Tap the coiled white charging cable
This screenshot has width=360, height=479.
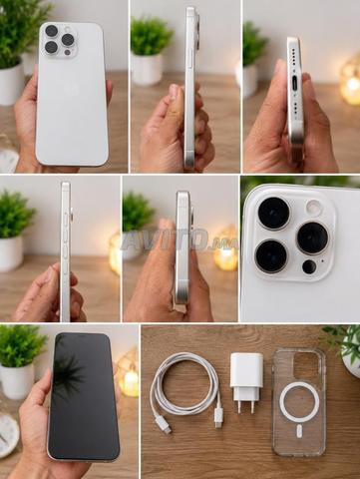(x=184, y=390)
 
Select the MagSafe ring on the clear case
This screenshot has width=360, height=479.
(x=299, y=402)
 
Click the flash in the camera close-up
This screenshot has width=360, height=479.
(x=313, y=207)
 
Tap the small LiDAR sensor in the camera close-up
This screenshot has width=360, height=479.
(x=309, y=266)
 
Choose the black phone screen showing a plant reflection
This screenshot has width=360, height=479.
(x=83, y=396)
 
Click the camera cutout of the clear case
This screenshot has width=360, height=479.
(x=305, y=365)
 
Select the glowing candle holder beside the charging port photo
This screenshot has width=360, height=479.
(x=350, y=82)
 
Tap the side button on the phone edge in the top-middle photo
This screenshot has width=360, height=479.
(x=189, y=57)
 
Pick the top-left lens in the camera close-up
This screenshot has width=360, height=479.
(x=274, y=214)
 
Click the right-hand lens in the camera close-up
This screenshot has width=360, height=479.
(x=313, y=239)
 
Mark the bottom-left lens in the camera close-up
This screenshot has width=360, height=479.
(x=271, y=255)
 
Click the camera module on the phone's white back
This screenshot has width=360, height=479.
(x=60, y=40)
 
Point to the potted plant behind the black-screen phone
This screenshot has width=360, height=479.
(x=21, y=361)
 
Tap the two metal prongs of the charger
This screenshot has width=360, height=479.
(x=246, y=407)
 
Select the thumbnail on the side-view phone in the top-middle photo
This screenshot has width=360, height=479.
(x=174, y=91)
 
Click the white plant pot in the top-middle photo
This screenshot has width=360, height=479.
(x=148, y=69)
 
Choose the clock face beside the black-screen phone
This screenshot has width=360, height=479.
(x=8, y=436)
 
